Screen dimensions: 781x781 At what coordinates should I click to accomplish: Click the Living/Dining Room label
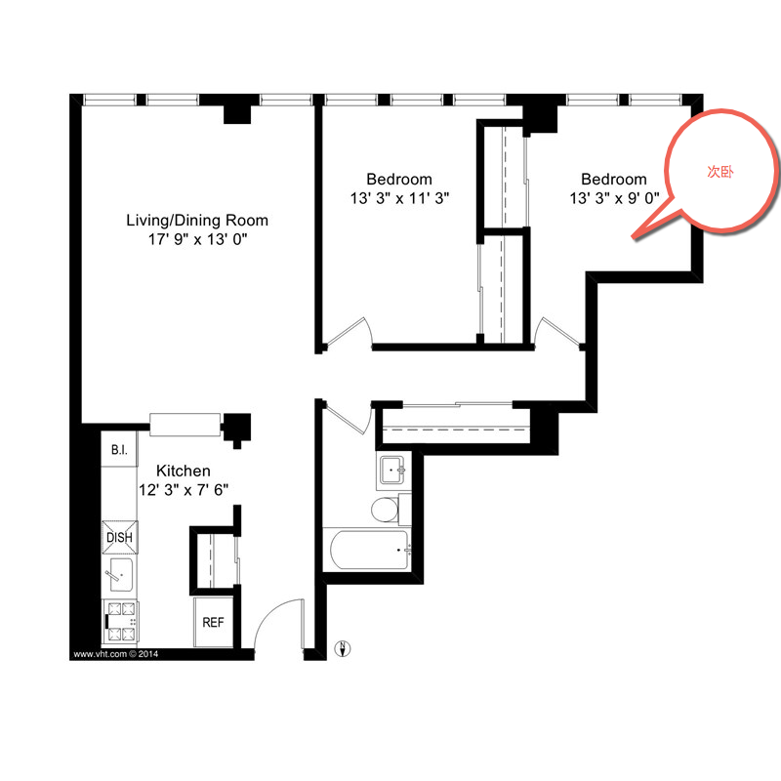coord(197,221)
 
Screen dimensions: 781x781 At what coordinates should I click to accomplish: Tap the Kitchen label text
coord(184,471)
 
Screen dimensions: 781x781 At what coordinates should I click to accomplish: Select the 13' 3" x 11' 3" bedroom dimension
coord(399,198)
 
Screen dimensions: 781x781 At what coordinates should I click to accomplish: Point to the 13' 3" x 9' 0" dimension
coord(615,198)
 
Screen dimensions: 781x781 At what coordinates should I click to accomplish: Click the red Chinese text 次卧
coord(720,172)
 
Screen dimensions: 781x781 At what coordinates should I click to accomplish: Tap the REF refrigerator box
coord(213,622)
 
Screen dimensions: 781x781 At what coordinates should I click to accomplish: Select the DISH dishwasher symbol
coord(120,538)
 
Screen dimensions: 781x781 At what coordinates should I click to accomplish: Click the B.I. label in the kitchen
coord(119,450)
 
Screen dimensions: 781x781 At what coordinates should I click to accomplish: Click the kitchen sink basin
coord(121,574)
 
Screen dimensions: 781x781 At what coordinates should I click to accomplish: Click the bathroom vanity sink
coord(393,471)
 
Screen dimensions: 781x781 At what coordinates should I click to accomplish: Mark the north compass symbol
coord(343,648)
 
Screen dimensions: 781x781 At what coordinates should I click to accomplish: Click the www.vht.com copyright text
coord(115,654)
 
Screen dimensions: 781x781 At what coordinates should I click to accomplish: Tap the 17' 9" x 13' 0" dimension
coord(198,239)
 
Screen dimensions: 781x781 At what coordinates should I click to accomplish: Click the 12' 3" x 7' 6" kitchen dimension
coord(184,490)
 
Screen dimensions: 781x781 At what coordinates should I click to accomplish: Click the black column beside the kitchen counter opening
coord(236,430)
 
